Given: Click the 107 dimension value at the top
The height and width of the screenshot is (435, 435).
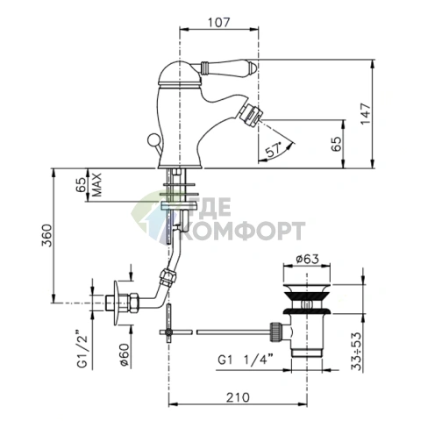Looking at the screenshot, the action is pyautogui.click(x=219, y=23).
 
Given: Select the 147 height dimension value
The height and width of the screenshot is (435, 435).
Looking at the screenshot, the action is pyautogui.click(x=366, y=113).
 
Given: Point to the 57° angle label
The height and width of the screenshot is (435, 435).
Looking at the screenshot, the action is pyautogui.click(x=274, y=150).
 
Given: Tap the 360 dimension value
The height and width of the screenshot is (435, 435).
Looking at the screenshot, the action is pyautogui.click(x=46, y=236).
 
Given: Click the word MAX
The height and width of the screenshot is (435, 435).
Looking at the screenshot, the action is pyautogui.click(x=97, y=185).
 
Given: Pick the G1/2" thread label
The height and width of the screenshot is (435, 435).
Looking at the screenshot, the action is pyautogui.click(x=82, y=349).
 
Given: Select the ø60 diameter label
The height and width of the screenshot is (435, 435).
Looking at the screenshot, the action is pyautogui.click(x=125, y=354).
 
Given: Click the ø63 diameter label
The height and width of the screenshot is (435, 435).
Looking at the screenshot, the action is pyautogui.click(x=307, y=259).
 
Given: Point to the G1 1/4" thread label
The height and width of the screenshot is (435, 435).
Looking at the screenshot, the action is pyautogui.click(x=246, y=360).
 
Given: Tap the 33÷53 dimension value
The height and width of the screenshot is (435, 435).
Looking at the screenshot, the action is pyautogui.click(x=356, y=352).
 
